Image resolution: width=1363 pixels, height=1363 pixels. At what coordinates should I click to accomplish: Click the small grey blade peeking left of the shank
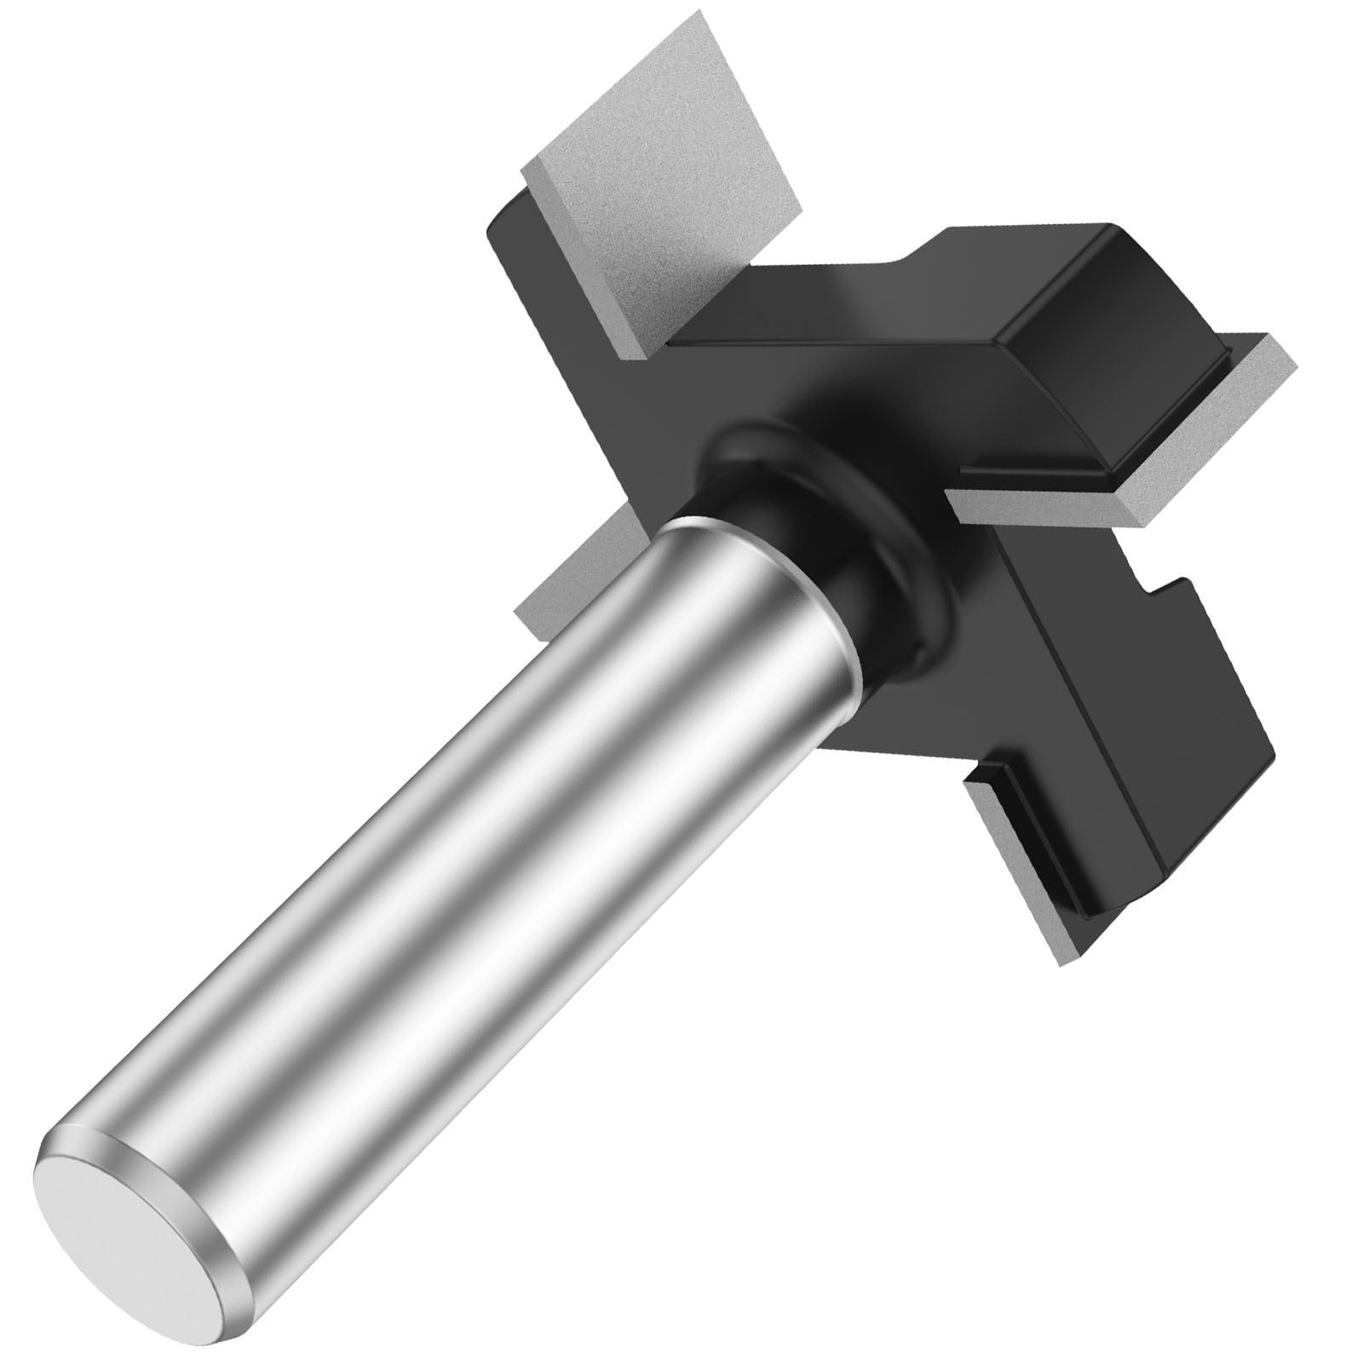(554, 596)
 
